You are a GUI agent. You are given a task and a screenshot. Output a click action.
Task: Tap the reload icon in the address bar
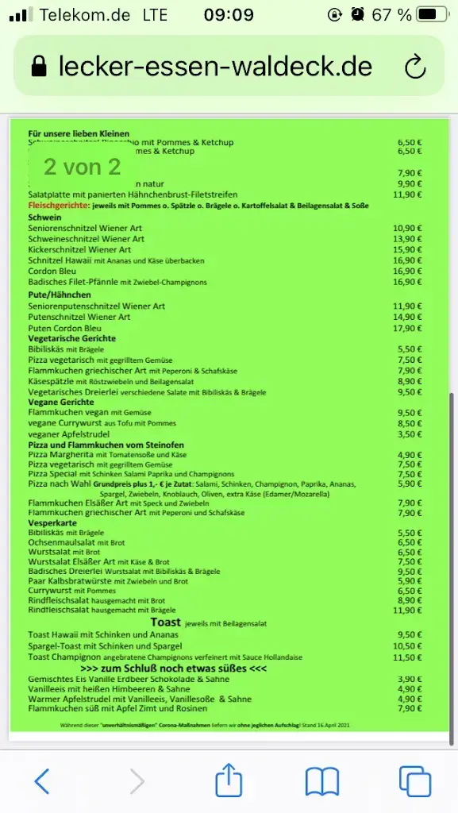click(415, 67)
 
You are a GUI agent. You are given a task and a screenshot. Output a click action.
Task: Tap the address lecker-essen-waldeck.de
click(215, 67)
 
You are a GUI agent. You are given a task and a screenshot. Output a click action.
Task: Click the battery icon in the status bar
click(433, 14)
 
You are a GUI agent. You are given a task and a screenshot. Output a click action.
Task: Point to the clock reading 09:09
click(229, 14)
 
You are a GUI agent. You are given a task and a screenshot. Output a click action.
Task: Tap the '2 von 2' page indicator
click(82, 167)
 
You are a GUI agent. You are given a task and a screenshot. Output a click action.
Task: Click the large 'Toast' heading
click(166, 622)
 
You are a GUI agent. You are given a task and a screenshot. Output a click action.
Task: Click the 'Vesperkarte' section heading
click(52, 522)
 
